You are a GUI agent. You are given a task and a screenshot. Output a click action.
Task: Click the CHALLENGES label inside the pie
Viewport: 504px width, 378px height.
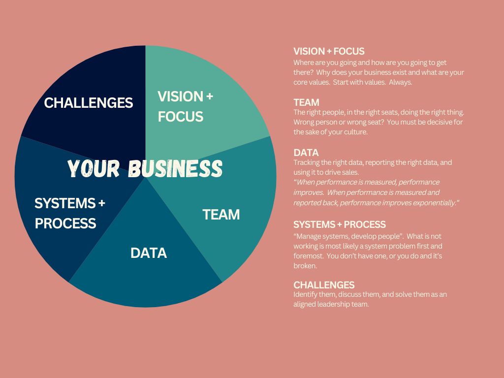(89, 103)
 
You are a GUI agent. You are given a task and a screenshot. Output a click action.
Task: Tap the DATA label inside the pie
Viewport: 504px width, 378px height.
(149, 253)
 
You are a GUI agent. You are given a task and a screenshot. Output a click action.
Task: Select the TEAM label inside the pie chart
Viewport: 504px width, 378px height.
(221, 215)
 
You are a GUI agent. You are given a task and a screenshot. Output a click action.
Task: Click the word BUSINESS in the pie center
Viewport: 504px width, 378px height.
(175, 168)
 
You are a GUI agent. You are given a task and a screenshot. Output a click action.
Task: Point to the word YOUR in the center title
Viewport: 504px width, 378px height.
(94, 168)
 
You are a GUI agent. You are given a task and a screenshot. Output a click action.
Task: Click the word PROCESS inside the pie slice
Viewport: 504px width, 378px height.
(65, 223)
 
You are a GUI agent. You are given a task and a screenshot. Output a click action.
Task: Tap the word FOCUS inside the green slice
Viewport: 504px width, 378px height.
(180, 116)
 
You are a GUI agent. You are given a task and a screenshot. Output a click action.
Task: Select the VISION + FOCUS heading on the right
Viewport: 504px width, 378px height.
(329, 51)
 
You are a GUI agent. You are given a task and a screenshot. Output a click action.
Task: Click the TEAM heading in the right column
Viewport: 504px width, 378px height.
(306, 102)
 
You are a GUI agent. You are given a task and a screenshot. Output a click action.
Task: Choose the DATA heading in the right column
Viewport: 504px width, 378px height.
(306, 153)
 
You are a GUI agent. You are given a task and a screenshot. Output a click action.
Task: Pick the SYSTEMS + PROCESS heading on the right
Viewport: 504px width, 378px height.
(340, 224)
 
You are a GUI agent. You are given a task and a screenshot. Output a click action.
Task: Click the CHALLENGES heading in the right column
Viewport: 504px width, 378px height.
(324, 285)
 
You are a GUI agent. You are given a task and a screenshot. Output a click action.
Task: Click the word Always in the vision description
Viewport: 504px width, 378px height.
(401, 82)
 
